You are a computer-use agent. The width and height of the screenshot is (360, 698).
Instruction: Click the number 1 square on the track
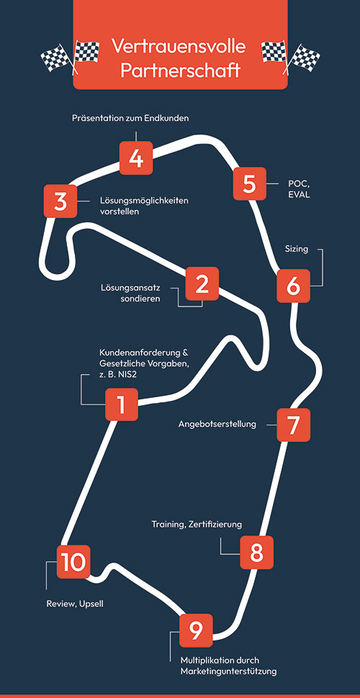(x=122, y=404)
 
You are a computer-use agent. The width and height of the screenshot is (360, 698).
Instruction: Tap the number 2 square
(x=202, y=284)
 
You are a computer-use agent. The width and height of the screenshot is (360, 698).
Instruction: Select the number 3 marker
(x=60, y=201)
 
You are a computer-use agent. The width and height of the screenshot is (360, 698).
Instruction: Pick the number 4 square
(x=136, y=158)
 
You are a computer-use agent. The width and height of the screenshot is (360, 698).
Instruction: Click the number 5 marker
(x=250, y=183)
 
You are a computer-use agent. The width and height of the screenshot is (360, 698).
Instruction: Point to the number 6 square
(x=294, y=286)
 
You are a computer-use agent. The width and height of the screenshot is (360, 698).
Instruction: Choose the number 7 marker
(x=294, y=425)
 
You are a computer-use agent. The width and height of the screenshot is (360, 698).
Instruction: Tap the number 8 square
(x=256, y=553)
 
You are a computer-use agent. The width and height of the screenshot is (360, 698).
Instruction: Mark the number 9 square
(x=196, y=630)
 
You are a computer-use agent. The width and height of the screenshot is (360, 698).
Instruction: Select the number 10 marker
(x=73, y=562)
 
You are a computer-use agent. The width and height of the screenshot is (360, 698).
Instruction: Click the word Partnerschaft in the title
(x=180, y=71)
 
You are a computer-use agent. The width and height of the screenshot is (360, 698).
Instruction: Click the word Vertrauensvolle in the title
(x=179, y=46)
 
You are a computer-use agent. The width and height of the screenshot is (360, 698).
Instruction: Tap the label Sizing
(x=297, y=249)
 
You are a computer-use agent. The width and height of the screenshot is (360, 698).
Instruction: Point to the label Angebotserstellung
(x=217, y=425)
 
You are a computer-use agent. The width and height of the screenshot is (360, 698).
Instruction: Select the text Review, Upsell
(x=75, y=604)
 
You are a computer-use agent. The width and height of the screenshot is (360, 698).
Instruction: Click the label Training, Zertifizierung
(x=197, y=525)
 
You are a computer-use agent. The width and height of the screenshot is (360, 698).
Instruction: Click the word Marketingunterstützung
(x=228, y=671)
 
